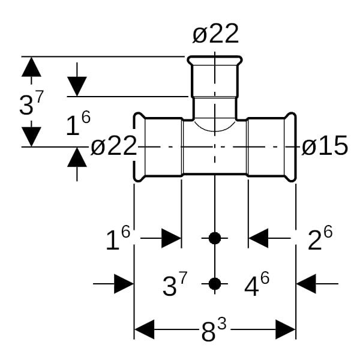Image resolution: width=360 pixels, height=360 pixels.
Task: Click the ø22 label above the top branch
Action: pos(215,35)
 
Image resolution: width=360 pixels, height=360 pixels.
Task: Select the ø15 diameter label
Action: pos(325,146)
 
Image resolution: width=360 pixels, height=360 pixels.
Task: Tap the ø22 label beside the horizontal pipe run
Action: pos(114,146)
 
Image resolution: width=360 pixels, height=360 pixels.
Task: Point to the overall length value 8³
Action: pos(213,331)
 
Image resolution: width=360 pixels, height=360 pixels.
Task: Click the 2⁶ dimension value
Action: pos(320,239)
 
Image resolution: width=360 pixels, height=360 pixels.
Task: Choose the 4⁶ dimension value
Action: pos(257,285)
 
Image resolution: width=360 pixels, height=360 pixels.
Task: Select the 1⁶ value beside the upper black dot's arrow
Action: pos(118,239)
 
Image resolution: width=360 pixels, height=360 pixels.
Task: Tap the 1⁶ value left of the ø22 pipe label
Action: pos(78,124)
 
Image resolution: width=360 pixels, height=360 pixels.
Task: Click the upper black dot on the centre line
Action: pos(215,238)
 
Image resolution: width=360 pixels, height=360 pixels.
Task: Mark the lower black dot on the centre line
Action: pos(215,283)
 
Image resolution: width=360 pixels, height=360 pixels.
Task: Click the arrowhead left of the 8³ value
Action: pos(145,329)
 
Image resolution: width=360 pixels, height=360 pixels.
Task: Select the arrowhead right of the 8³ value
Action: pos(286,329)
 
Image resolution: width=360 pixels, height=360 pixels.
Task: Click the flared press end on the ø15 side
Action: pos(290,146)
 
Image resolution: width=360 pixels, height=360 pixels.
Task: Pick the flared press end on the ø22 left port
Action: pos(139,146)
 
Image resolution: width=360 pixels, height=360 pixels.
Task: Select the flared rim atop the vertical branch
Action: pos(215,62)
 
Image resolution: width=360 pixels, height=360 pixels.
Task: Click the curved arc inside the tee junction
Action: pos(215,127)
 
